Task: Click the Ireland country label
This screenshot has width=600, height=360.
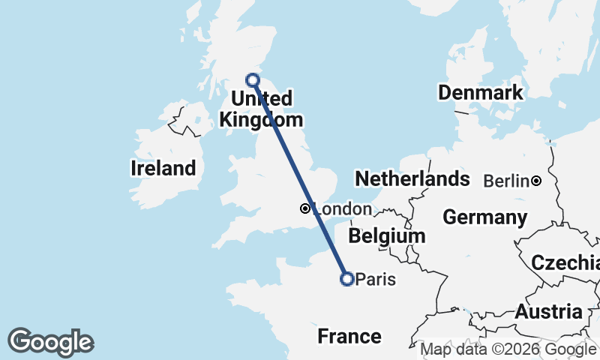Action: coord(163,168)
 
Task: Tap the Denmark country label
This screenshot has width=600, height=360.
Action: coord(480,93)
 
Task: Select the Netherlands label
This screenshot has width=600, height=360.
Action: coord(412,179)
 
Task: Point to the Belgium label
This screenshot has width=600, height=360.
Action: coord(387,235)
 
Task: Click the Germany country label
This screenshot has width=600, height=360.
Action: coord(484,217)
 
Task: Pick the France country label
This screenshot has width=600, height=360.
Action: coord(349,336)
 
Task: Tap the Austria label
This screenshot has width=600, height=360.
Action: coord(548,311)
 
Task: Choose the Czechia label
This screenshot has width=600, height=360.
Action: coord(565,262)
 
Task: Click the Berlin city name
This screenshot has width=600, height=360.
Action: coord(506,181)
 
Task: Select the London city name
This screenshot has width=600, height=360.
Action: coord(342,209)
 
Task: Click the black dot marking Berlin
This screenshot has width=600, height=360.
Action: coord(537,181)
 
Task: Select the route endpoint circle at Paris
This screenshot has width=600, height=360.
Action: coord(347,279)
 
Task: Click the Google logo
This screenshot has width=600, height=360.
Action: coord(51,342)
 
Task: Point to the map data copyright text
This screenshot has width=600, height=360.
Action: coord(508,349)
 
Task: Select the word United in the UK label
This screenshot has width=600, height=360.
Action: coord(261,99)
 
